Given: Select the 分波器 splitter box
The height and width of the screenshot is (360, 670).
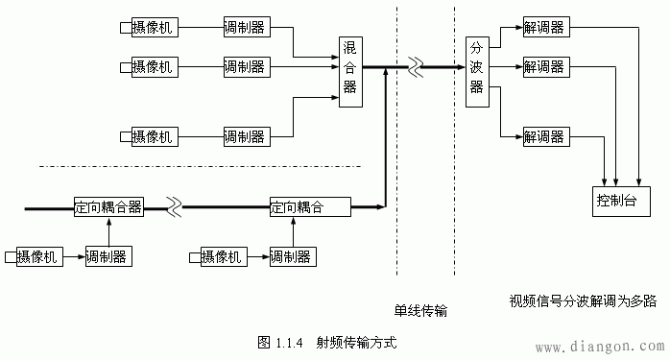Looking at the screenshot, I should tap(476, 66).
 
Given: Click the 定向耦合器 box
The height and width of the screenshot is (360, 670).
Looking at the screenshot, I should tap(108, 206).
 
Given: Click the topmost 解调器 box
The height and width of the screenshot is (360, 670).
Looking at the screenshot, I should tap(544, 25).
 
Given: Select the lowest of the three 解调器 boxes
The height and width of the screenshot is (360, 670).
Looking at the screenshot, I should tap(544, 136).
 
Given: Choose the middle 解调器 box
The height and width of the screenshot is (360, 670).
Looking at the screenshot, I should tap(544, 67).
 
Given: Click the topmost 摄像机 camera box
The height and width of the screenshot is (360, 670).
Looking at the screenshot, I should tap(153, 25).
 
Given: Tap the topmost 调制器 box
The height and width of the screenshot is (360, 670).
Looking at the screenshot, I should tap(245, 25).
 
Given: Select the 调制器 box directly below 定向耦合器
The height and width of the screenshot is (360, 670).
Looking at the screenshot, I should tap(108, 256).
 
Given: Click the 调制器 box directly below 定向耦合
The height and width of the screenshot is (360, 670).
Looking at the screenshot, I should tap(292, 256).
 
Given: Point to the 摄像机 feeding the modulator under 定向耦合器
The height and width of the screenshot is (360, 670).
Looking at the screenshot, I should tap(37, 256).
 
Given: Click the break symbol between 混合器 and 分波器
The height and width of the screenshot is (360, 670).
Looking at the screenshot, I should tap(415, 68).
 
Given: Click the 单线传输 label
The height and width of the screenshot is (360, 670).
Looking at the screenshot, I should tap(420, 312).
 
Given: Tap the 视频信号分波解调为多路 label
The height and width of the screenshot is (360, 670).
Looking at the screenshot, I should tap(583, 300).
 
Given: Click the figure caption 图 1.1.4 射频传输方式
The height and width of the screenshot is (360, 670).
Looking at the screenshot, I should tap(327, 342).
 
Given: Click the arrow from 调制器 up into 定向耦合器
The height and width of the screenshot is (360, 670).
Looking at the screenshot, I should tap(108, 230).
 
